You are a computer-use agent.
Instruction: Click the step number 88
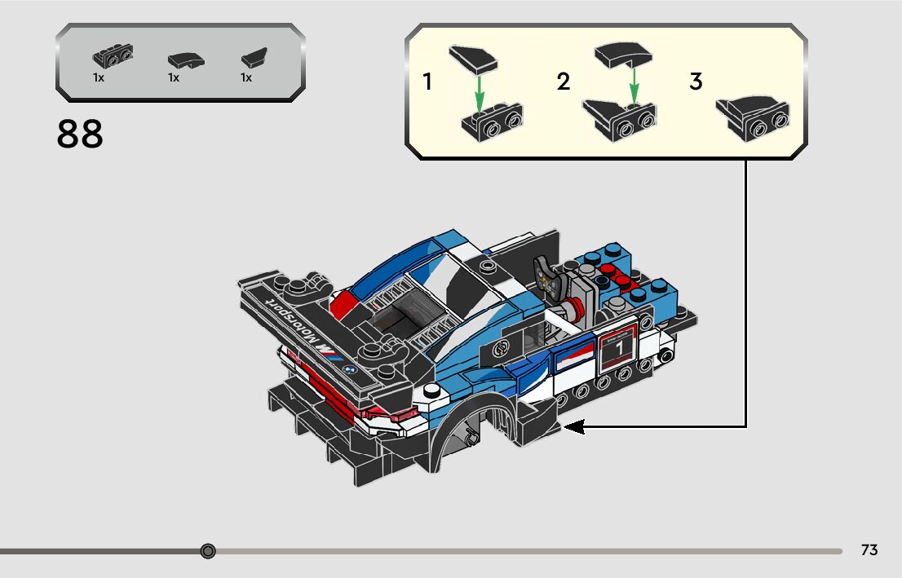80,135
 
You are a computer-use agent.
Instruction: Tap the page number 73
869,550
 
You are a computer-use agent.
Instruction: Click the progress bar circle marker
208,551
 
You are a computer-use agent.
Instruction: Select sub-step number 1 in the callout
427,82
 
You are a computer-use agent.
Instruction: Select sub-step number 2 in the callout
564,82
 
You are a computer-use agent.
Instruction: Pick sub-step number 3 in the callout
696,82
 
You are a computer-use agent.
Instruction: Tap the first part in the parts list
113,57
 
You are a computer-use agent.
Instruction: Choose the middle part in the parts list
186,60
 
